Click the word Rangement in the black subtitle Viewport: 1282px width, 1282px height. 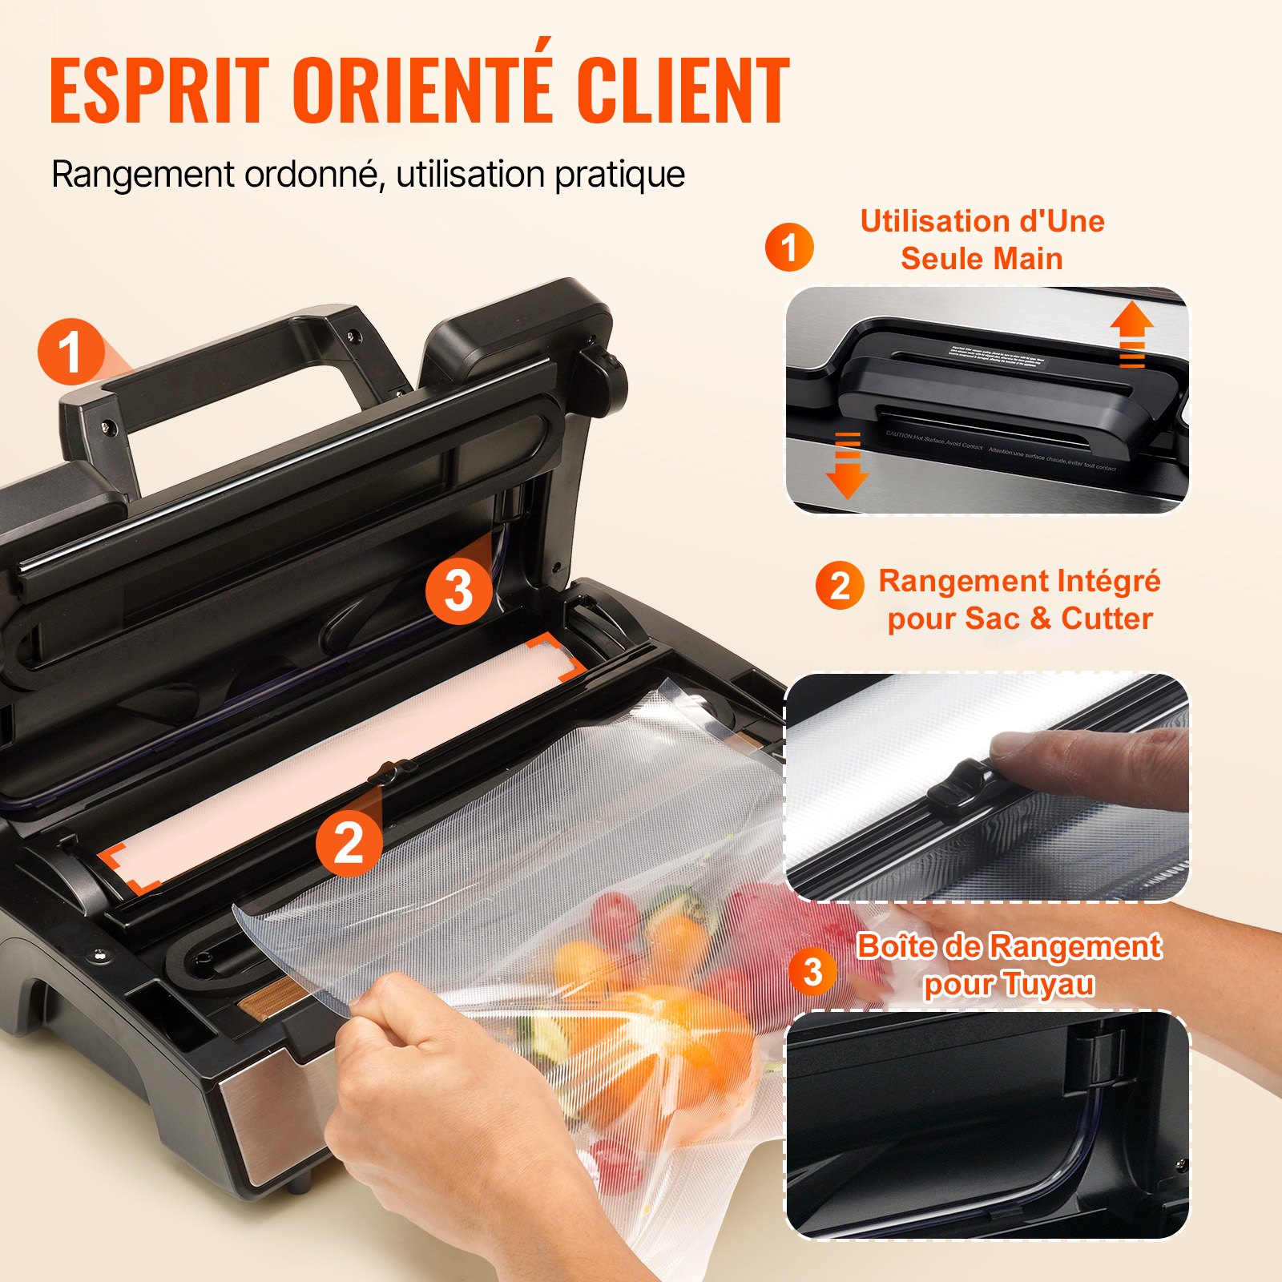click(x=143, y=175)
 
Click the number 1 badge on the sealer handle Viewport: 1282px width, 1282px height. click(x=71, y=353)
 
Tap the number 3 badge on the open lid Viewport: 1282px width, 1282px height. click(x=458, y=591)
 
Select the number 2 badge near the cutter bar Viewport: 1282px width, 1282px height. click(x=349, y=843)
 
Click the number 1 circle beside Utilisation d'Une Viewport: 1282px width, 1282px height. click(x=789, y=247)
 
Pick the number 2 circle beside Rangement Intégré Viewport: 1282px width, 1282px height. click(x=840, y=586)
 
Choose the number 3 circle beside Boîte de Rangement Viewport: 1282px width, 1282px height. click(x=813, y=971)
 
